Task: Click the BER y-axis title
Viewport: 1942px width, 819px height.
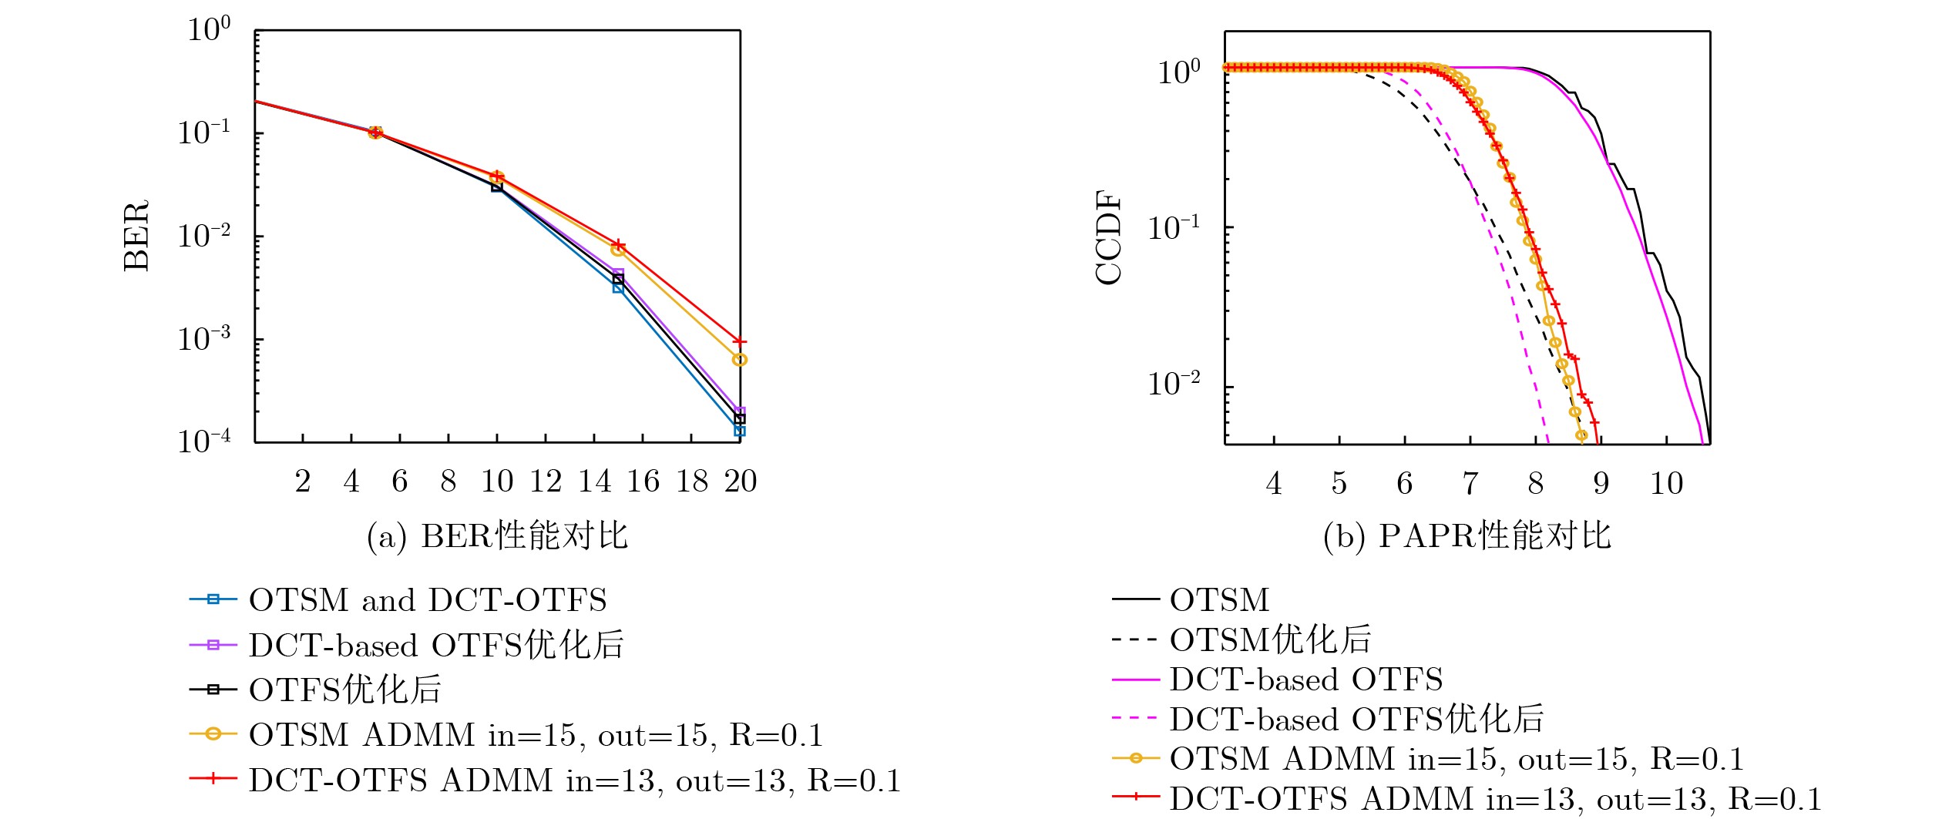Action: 136,236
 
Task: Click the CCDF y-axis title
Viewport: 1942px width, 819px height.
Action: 1108,238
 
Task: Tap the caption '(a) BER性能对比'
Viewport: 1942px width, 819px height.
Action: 497,536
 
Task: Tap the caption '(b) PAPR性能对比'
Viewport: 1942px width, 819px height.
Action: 1467,536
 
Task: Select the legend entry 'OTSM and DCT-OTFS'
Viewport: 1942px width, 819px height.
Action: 428,600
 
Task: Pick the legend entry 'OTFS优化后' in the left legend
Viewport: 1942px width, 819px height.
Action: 344,690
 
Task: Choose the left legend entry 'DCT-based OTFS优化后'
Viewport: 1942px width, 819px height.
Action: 436,645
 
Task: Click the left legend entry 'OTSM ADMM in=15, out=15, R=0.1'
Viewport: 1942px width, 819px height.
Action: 536,735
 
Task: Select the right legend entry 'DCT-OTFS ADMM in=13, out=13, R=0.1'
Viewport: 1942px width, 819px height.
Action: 1495,799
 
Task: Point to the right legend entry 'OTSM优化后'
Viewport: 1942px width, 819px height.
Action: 1270,639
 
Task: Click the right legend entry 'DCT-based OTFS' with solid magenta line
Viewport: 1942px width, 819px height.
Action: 1305,680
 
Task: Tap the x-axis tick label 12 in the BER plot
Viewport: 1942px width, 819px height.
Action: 546,482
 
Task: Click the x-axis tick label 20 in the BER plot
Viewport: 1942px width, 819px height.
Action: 741,482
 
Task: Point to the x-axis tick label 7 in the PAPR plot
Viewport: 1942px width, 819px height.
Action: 1470,484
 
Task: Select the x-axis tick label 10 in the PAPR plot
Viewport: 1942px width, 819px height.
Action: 1666,484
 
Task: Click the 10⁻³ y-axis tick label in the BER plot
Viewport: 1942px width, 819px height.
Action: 204,338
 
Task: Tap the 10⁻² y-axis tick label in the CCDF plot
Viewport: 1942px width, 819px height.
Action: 1174,383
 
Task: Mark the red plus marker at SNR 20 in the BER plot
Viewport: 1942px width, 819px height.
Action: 740,341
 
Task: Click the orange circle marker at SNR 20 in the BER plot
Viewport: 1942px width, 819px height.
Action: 740,360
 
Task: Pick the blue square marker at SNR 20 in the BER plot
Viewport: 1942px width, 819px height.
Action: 740,431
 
